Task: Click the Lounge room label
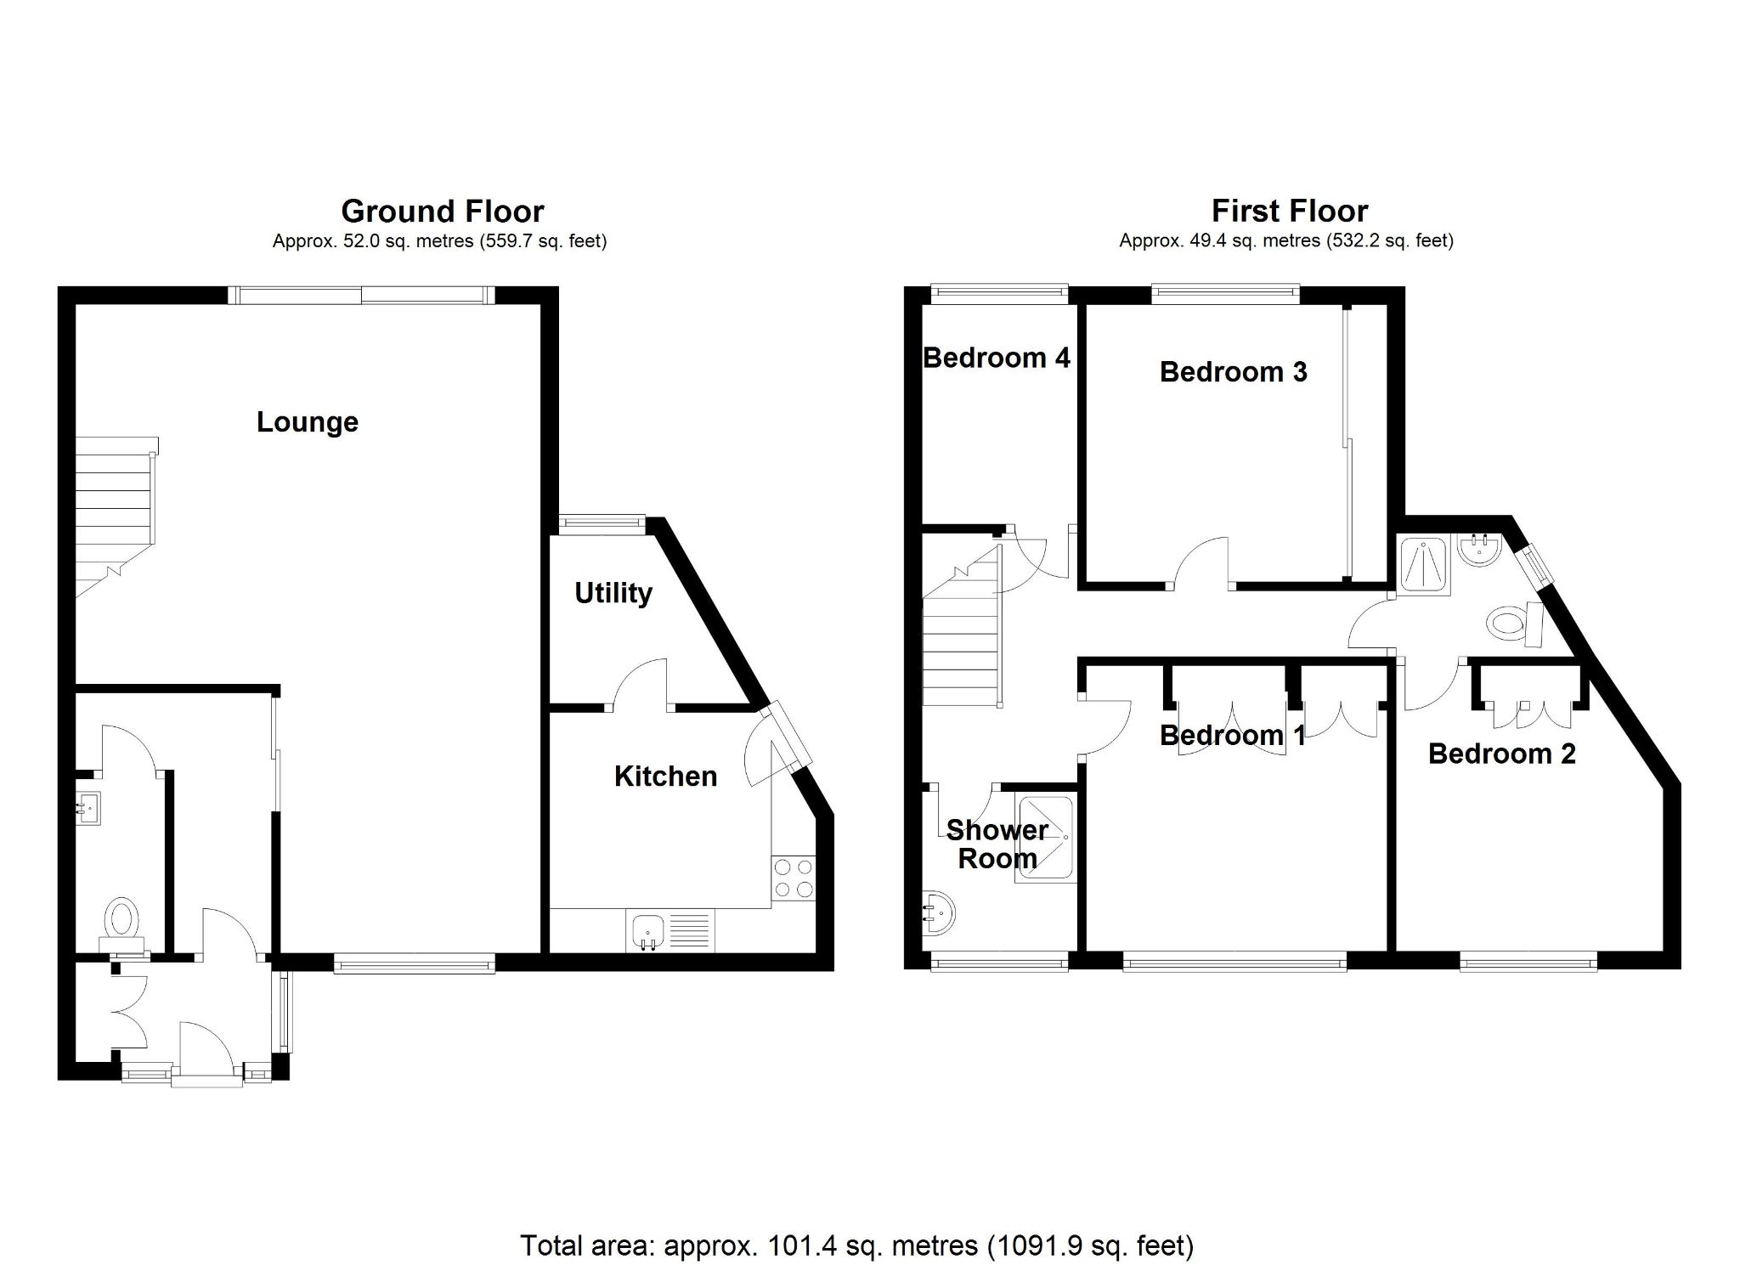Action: tap(307, 422)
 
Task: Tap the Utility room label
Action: tap(613, 593)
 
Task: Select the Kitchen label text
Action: tap(665, 776)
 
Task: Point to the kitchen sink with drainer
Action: tap(671, 930)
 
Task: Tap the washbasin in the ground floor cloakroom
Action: tap(88, 807)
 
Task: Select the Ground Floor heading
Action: tap(442, 211)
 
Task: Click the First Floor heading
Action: tap(1289, 211)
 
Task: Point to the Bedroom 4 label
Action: tap(996, 358)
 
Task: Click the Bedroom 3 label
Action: tap(1233, 371)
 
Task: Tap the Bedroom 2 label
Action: tap(1501, 754)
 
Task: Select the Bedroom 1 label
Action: tap(1232, 735)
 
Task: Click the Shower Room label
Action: tap(997, 844)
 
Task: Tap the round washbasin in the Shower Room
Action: tap(939, 915)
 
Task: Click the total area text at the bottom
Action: tap(856, 1245)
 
